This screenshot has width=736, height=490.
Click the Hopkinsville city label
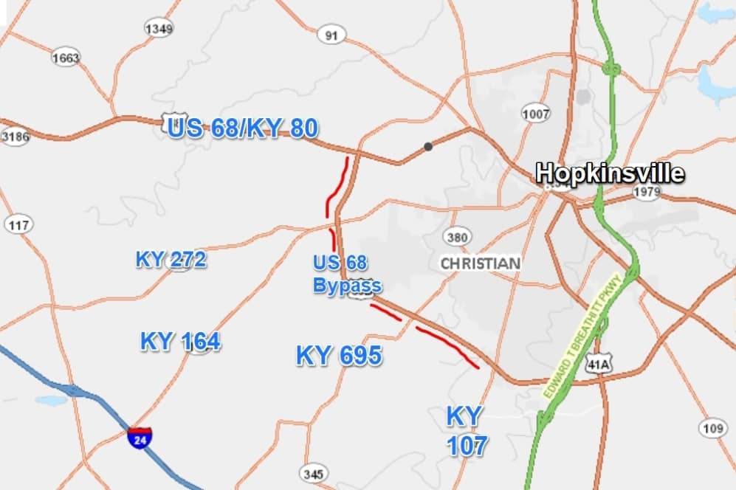610,173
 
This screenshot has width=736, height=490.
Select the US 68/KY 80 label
243,128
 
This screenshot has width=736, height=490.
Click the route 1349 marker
159,29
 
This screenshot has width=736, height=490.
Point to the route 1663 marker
65,58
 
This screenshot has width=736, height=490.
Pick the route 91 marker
331,35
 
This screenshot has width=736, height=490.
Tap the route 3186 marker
14,137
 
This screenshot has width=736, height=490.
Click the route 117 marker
18,224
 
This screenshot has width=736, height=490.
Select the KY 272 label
171,259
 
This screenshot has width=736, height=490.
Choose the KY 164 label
180,342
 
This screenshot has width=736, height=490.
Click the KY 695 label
339,356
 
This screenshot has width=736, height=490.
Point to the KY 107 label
466,431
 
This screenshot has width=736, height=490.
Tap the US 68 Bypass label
347,275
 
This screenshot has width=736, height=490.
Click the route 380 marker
457,238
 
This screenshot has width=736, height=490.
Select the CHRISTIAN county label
480,263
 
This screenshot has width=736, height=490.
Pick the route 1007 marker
535,114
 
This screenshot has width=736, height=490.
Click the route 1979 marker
647,193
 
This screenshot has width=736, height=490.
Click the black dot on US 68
428,147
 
